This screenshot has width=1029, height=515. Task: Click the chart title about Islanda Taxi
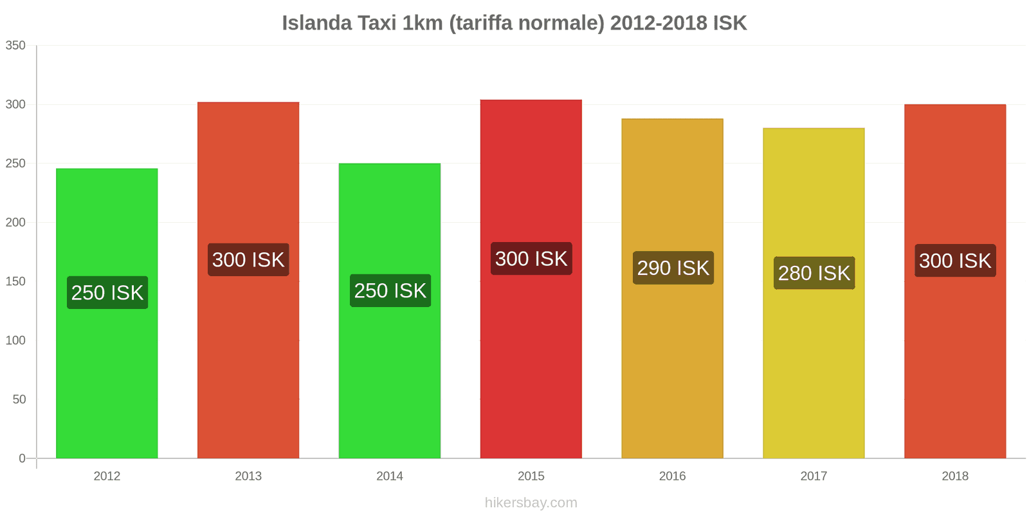tap(514, 23)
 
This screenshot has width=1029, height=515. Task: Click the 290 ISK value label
tap(673, 268)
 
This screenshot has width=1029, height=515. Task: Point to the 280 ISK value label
tap(814, 273)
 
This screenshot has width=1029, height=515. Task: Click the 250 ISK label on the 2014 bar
tap(390, 290)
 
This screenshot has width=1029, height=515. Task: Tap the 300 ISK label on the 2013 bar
tap(248, 259)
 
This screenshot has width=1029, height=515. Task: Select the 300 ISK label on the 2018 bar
tap(955, 261)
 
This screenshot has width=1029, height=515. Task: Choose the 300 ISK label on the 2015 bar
tap(531, 259)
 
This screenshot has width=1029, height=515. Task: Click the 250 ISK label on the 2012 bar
tap(107, 292)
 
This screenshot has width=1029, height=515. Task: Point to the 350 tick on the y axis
tap(15, 45)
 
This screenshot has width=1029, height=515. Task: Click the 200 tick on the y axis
tap(15, 222)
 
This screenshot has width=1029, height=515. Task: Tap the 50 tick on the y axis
tap(19, 399)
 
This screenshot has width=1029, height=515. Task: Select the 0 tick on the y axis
tap(23, 458)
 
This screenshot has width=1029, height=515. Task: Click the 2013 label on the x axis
tap(248, 476)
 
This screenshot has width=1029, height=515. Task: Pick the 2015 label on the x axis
tap(531, 476)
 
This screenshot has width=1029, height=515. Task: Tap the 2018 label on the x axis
tap(955, 476)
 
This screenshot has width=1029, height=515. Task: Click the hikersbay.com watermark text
tap(531, 502)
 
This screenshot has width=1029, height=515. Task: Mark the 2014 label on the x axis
tap(390, 476)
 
